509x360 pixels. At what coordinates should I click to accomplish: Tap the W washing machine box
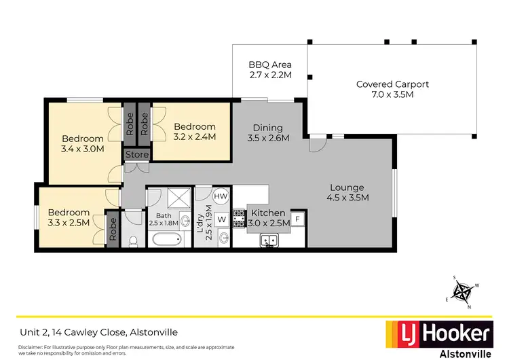pyautogui.click(x=221, y=219)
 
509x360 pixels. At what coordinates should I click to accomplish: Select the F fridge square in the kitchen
pyautogui.click(x=298, y=219)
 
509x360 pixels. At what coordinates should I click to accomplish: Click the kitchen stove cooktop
pyautogui.click(x=239, y=219)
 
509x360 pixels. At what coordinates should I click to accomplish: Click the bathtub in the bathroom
pyautogui.click(x=166, y=240)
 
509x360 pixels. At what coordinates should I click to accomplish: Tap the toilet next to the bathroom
pyautogui.click(x=134, y=240)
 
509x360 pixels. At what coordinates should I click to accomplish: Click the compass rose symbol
pyautogui.click(x=464, y=291)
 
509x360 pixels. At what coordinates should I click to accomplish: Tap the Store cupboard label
pyautogui.click(x=136, y=156)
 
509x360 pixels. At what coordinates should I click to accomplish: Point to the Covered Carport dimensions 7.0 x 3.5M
pyautogui.click(x=392, y=95)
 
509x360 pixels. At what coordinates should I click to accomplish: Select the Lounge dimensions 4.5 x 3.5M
pyautogui.click(x=347, y=198)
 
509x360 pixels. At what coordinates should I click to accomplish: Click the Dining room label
pyautogui.click(x=267, y=128)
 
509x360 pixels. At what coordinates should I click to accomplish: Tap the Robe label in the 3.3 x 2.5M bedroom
pyautogui.click(x=113, y=229)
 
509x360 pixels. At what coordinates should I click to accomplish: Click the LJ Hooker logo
pyautogui.click(x=439, y=333)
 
